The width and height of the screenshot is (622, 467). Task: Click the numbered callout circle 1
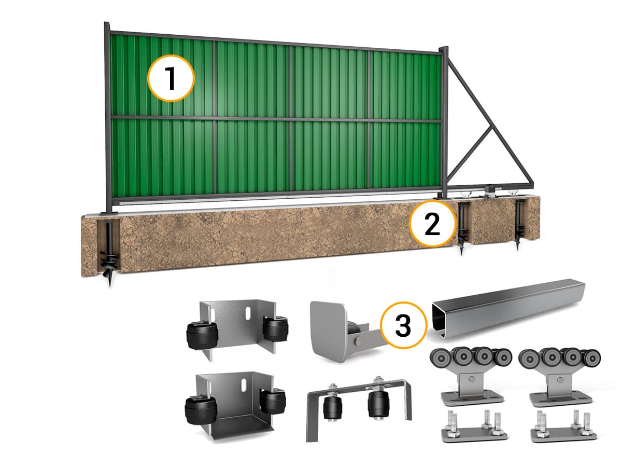point(171,78)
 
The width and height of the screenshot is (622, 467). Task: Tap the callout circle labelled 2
point(432,223)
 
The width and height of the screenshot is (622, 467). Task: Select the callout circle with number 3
point(403,325)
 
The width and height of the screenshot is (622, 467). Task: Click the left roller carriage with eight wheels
point(471,375)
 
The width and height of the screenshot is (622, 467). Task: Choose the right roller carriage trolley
point(559,375)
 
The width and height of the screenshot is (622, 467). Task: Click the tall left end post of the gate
point(107,118)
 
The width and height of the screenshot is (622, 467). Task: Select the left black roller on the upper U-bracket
point(202,334)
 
